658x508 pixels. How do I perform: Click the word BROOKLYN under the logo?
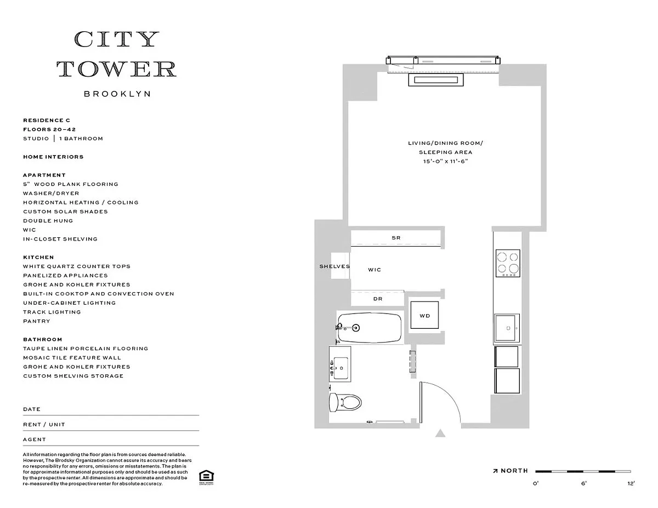pos(117,94)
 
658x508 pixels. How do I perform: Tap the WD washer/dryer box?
pos(424,316)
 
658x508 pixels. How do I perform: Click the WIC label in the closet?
pos(374,270)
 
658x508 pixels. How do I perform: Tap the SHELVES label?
pos(334,266)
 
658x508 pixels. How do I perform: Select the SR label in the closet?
pos(396,238)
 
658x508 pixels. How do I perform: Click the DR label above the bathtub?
pos(377,299)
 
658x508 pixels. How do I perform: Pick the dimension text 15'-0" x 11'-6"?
pos(445,161)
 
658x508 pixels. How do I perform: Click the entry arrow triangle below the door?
pos(440,433)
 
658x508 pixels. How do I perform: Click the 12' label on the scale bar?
pos(631,483)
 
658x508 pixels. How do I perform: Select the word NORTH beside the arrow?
pos(514,471)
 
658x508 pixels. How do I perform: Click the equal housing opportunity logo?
pos(206,476)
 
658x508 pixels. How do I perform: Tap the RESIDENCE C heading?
pos(47,120)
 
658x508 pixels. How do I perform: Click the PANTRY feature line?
pos(37,321)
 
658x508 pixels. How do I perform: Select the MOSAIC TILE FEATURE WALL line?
pos(72,358)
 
